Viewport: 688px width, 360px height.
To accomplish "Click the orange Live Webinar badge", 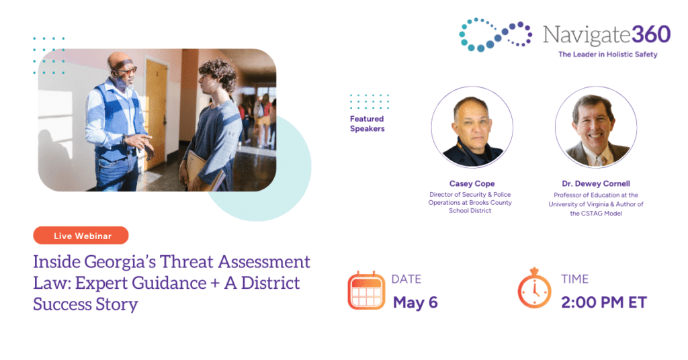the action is click(81, 236).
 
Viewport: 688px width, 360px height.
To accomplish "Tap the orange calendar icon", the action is click(366, 291).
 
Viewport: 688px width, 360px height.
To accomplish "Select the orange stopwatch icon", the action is click(534, 288).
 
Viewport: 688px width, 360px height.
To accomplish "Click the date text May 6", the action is click(415, 302).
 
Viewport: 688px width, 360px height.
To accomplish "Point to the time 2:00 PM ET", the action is click(604, 302).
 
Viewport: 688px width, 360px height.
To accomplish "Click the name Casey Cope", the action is click(472, 184).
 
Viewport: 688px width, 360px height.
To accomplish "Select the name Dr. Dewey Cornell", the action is click(596, 184).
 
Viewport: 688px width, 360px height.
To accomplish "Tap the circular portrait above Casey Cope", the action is click(472, 127).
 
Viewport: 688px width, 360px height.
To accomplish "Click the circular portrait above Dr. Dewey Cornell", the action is click(596, 127).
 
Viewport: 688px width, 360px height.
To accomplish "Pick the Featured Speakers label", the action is click(368, 124).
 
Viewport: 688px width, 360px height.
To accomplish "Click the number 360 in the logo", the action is click(651, 34).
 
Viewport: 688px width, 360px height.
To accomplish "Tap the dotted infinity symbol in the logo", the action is click(495, 35).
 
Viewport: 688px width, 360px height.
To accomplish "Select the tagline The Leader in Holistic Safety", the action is click(607, 54).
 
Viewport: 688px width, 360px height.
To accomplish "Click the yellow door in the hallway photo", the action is click(155, 115).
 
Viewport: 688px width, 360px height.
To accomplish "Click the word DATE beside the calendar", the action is click(406, 279).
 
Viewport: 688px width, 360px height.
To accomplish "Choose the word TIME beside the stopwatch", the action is click(575, 279).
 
